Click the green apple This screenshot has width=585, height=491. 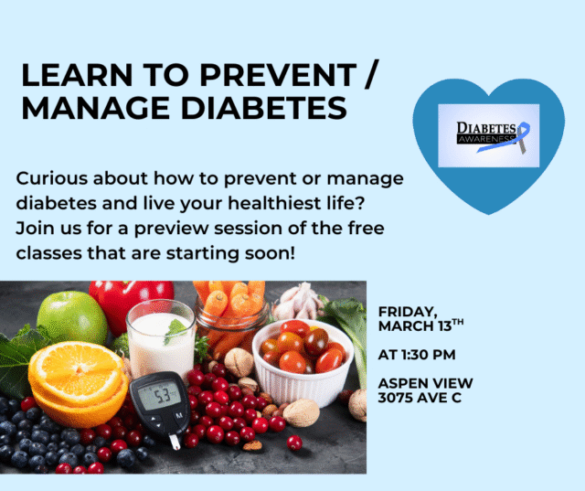pyautogui.click(x=72, y=316)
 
